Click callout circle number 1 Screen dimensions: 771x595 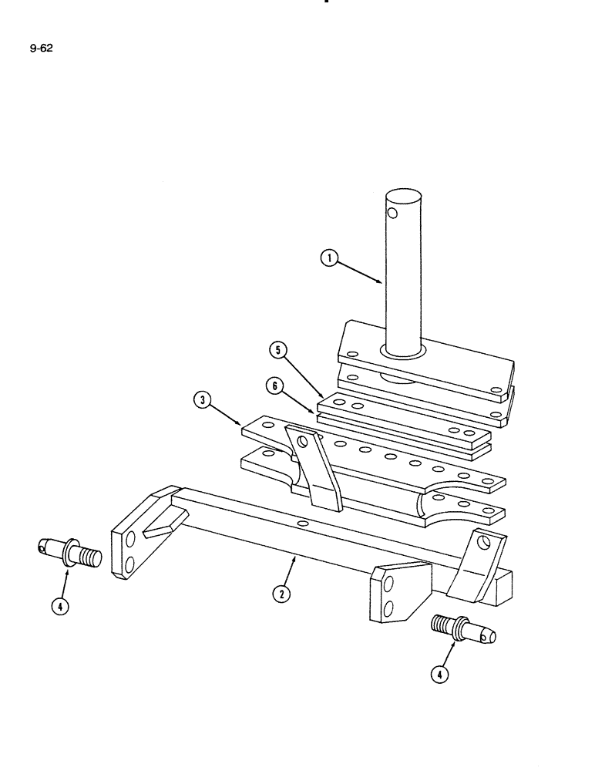(329, 260)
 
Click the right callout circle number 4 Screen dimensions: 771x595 (439, 675)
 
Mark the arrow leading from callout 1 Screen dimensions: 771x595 (359, 272)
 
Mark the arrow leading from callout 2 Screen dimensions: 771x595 (291, 569)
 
